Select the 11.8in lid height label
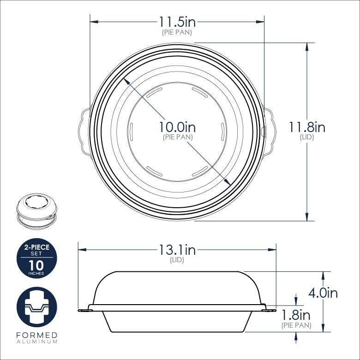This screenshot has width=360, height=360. click(307, 127)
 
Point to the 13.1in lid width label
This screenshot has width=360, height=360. click(177, 250)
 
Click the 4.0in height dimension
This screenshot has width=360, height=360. click(323, 293)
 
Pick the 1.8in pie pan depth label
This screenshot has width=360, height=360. click(296, 315)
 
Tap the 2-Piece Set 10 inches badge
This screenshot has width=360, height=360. click(36, 258)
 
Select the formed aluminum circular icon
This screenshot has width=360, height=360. click(36, 307)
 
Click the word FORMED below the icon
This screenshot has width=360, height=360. click(36, 335)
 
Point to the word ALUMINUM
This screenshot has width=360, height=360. click(36, 342)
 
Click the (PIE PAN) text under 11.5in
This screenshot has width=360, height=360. click(177, 32)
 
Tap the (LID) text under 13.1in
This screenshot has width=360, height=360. click(177, 260)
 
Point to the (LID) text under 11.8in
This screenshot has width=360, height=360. click(307, 137)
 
